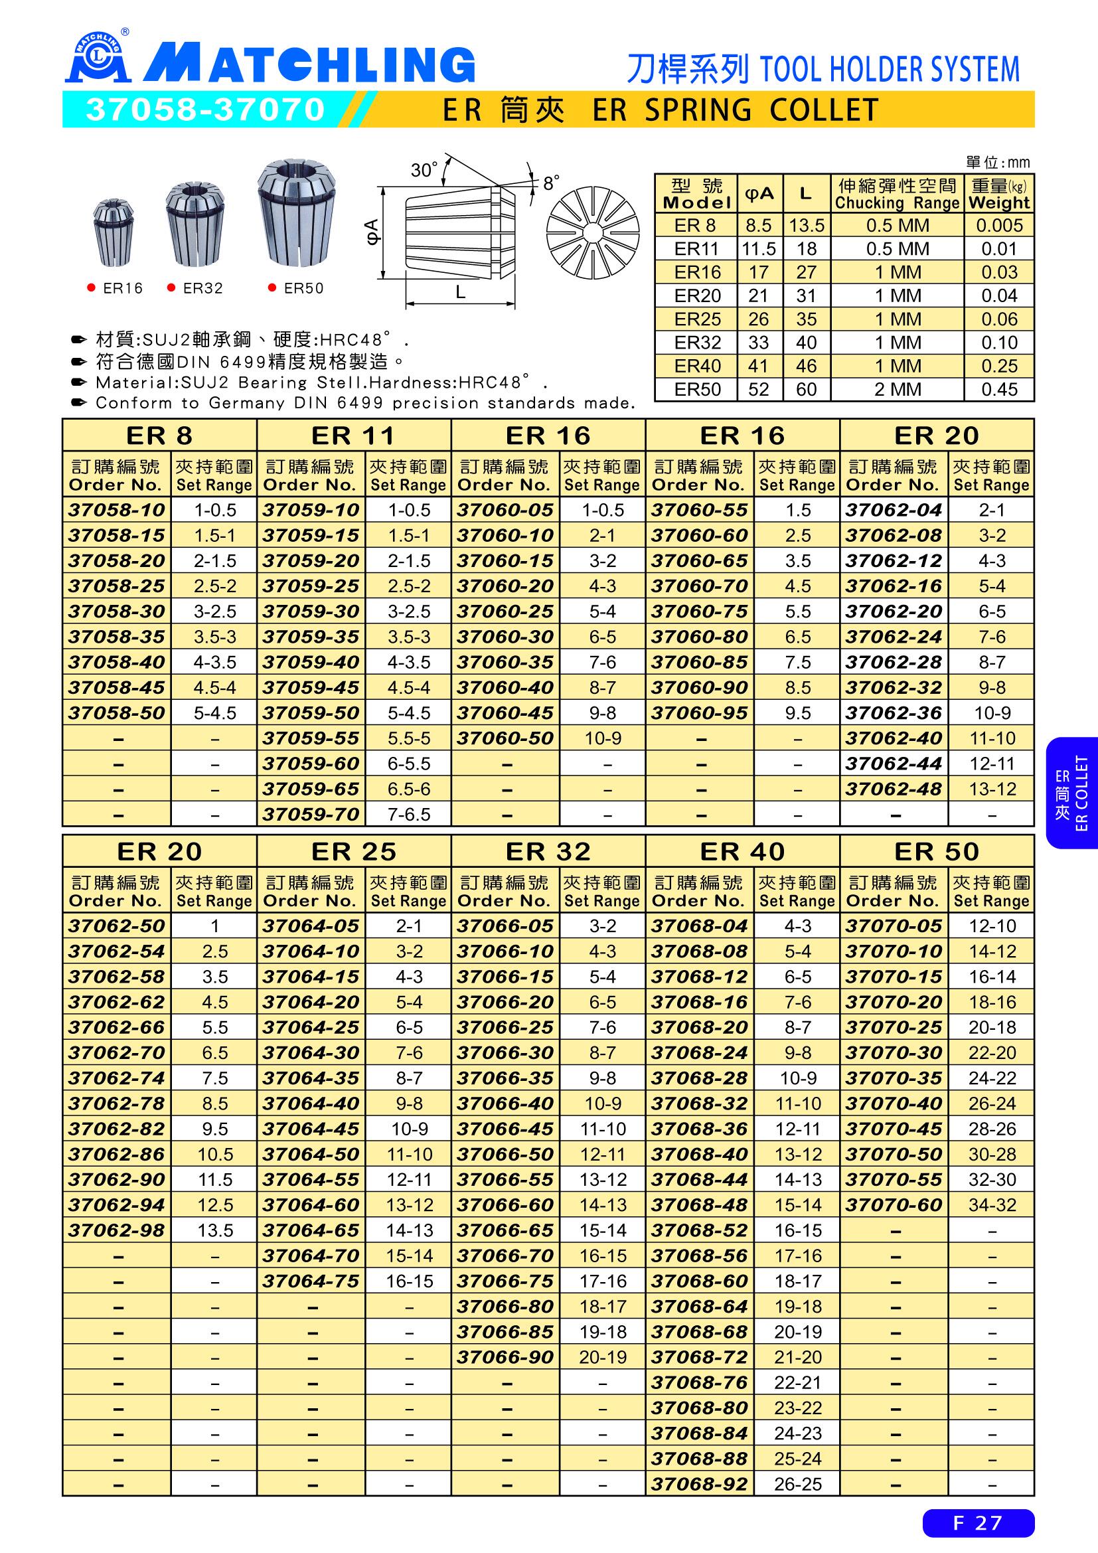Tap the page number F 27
[x=978, y=1522]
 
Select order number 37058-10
[x=116, y=510]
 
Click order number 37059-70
[x=311, y=815]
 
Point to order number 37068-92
[x=699, y=1484]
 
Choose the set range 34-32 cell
[x=992, y=1204]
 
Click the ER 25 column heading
[x=354, y=851]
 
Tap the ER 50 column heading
[x=937, y=851]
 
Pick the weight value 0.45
[x=998, y=390]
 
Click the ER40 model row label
[x=697, y=366]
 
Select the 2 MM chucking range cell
[x=898, y=390]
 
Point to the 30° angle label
[x=424, y=171]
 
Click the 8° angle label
[x=552, y=183]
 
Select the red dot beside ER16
[x=91, y=288]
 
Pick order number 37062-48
[x=894, y=789]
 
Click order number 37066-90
[x=505, y=1357]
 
